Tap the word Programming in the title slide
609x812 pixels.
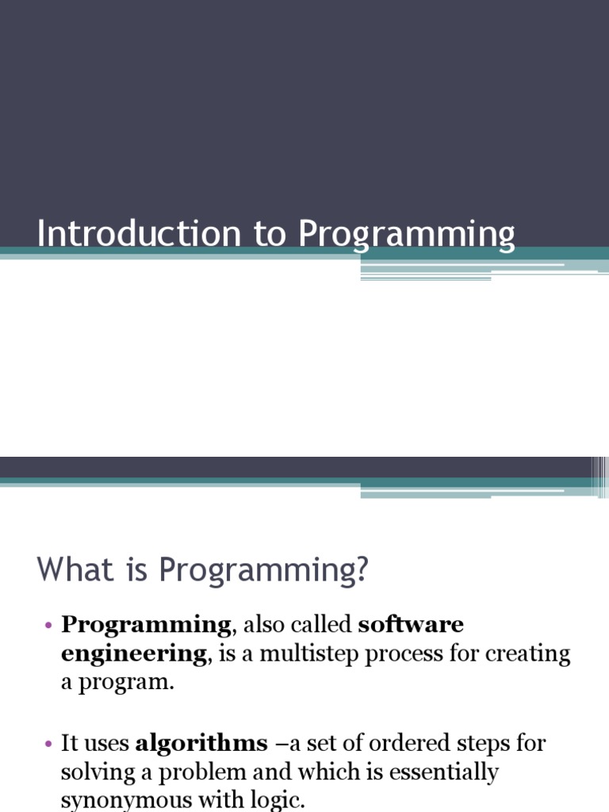click(x=407, y=236)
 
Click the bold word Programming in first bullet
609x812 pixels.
click(x=146, y=626)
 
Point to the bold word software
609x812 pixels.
click(x=411, y=625)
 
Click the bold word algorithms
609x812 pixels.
click(x=201, y=744)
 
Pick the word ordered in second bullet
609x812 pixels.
click(x=411, y=744)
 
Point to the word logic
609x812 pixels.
click(x=279, y=800)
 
